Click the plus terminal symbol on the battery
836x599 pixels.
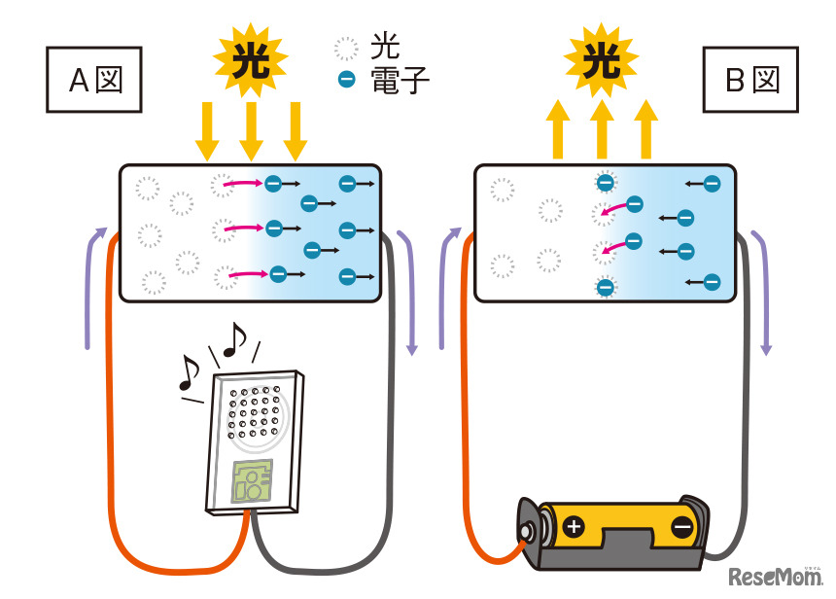coord(575,527)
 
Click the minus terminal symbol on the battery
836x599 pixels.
coord(681,527)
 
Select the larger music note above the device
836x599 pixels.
coord(234,338)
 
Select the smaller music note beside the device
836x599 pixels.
coord(190,373)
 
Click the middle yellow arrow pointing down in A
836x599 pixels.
coord(251,130)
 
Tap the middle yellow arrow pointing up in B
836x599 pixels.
coord(603,130)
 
